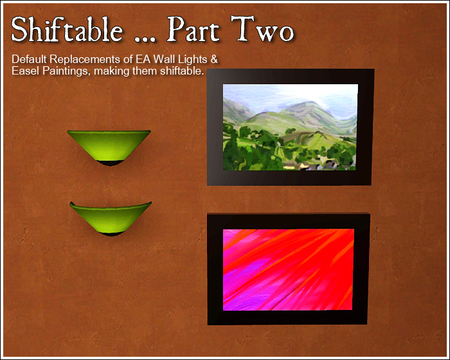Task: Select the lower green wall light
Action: [x=111, y=217]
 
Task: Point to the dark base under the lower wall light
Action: [x=111, y=235]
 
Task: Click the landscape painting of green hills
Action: [x=290, y=129]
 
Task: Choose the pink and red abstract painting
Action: [x=289, y=269]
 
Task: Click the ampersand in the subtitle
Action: [x=214, y=60]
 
